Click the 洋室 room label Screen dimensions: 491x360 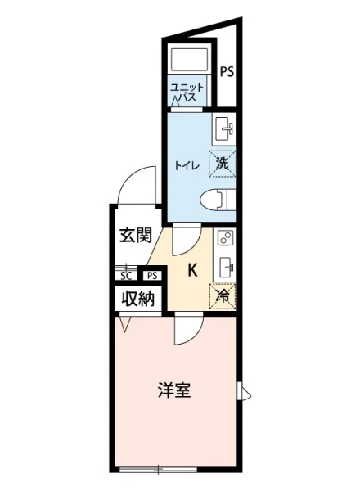point(174,390)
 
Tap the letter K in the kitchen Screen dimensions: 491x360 point(193,269)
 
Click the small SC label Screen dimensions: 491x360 point(127,276)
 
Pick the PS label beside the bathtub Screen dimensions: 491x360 point(226,71)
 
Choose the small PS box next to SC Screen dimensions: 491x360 point(152,276)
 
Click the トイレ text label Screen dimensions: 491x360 point(183,164)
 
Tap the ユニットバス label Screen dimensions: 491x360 point(188,92)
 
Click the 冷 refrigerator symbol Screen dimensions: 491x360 point(222,296)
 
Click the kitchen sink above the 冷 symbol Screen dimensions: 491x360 point(225,267)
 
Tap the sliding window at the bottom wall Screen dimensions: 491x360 point(157,470)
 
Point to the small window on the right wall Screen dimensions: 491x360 point(242,391)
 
